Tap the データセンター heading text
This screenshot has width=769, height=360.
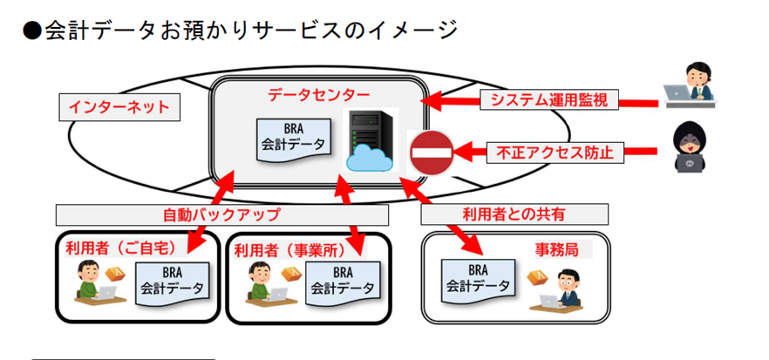[306, 93]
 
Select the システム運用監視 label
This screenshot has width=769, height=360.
[548, 101]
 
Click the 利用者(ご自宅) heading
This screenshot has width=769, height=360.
[121, 249]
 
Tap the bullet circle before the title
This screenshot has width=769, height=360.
[32, 31]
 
